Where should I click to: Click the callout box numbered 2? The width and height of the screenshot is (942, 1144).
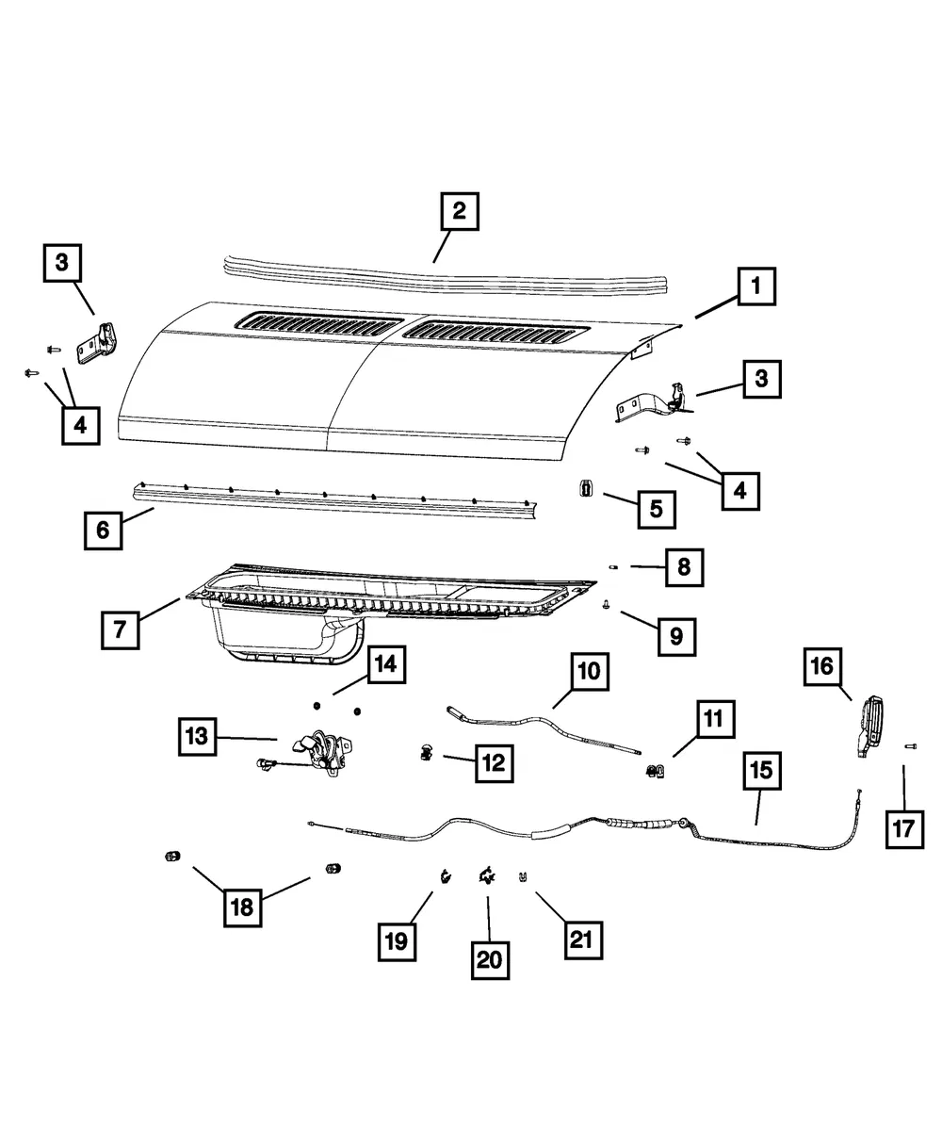pyautogui.click(x=460, y=211)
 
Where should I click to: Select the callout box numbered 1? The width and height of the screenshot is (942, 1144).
pyautogui.click(x=756, y=286)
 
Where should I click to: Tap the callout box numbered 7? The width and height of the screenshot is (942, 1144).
pyautogui.click(x=121, y=630)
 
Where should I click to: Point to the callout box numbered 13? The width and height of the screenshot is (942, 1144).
pyautogui.click(x=197, y=737)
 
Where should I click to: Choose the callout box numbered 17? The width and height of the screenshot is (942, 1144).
pyautogui.click(x=904, y=829)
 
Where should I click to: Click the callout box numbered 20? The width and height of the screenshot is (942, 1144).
pyautogui.click(x=490, y=960)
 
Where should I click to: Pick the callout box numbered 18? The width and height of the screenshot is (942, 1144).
pyautogui.click(x=243, y=907)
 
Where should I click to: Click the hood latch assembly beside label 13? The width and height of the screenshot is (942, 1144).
pyautogui.click(x=320, y=753)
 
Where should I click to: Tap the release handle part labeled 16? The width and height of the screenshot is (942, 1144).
pyautogui.click(x=870, y=727)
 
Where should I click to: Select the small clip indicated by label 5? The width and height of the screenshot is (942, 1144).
pyautogui.click(x=587, y=487)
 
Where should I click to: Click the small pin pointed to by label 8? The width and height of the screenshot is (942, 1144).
pyautogui.click(x=613, y=567)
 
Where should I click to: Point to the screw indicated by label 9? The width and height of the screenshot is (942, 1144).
pyautogui.click(x=607, y=604)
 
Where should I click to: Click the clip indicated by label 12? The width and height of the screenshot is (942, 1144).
pyautogui.click(x=426, y=752)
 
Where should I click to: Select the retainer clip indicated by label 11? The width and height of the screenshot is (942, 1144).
pyautogui.click(x=655, y=771)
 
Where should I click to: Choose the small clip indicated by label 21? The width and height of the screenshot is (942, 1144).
pyautogui.click(x=523, y=877)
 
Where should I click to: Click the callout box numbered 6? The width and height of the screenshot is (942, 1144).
pyautogui.click(x=104, y=531)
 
